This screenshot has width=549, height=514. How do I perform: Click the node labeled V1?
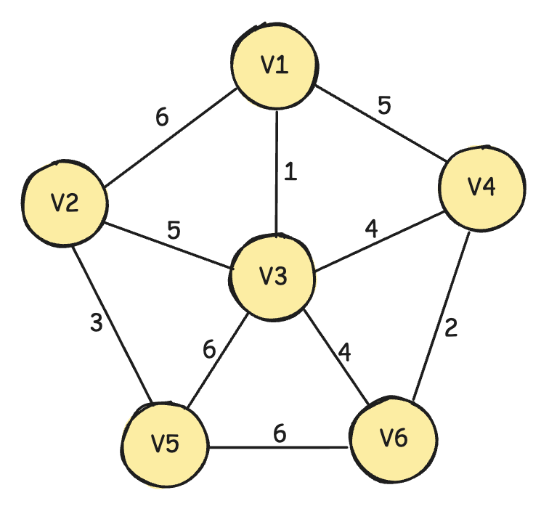274,65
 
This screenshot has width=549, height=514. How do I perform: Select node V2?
65,203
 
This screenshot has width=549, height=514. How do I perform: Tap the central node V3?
273,277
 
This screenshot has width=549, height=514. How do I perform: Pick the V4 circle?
481,187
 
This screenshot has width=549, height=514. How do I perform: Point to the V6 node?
394,438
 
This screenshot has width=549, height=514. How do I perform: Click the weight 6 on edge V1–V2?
163,118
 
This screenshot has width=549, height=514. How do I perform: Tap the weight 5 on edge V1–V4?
384,105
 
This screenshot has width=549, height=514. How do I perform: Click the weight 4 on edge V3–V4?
371,230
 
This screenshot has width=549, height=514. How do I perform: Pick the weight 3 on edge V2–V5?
97,322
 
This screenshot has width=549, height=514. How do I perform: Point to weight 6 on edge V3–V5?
210,350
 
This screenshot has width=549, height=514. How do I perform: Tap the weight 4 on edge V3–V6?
344,353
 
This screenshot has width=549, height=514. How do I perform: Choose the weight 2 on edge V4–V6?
451,328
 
